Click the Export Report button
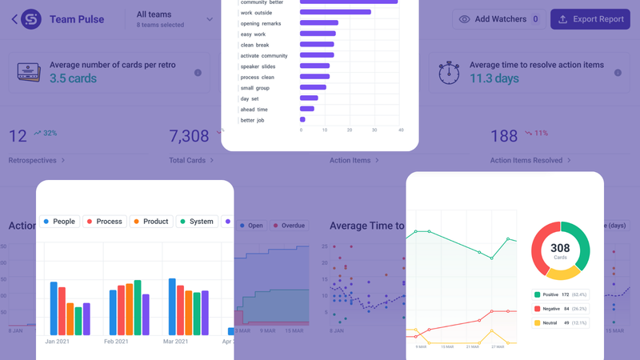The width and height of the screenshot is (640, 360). click(x=590, y=19)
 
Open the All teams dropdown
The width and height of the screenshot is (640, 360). click(x=174, y=19)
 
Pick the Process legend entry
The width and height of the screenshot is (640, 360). click(x=104, y=221)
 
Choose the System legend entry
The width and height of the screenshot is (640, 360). click(x=197, y=221)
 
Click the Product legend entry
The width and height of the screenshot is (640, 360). click(x=150, y=221)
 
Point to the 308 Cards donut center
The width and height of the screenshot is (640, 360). click(x=560, y=250)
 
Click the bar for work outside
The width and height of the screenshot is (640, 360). click(x=334, y=12)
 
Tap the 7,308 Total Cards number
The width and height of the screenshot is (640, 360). click(x=189, y=136)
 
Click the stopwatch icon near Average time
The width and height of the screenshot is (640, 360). click(x=449, y=73)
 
